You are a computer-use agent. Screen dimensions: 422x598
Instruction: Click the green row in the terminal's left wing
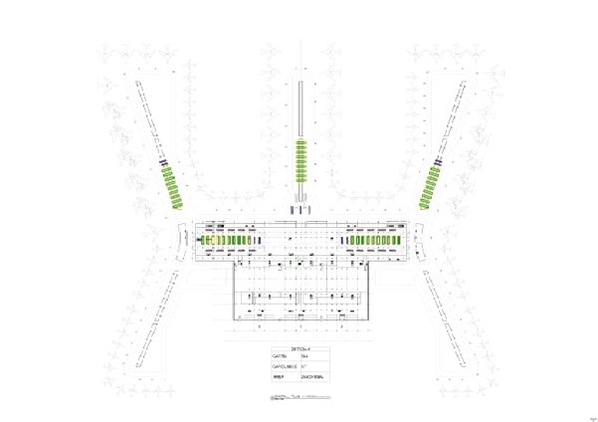coord(228,241)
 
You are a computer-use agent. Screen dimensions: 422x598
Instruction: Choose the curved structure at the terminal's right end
coord(418,240)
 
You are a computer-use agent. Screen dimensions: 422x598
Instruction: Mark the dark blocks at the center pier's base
coord(300,209)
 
